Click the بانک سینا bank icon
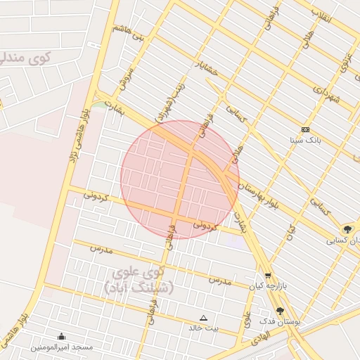(305, 130)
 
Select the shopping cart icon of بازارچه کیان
(267, 276)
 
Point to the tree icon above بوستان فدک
(280, 311)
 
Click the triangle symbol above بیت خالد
(204, 318)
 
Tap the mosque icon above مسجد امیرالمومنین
(61, 337)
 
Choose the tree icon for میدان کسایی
(347, 229)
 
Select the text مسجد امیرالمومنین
(61, 347)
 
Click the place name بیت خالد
(204, 328)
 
